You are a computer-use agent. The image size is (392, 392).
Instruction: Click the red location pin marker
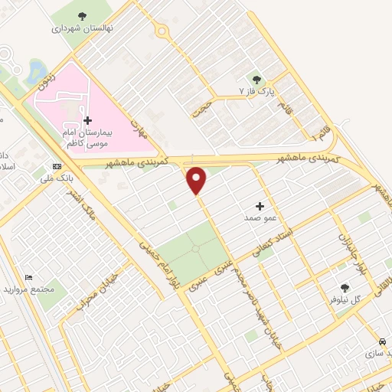(x=197, y=180)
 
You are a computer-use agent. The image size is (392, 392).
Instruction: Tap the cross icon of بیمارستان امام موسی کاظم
(x=87, y=120)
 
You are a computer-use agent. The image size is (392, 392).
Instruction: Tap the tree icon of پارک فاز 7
(x=257, y=80)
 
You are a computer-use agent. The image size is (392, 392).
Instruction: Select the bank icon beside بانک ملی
(x=57, y=166)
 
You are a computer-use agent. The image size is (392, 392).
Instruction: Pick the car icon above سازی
(x=382, y=341)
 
